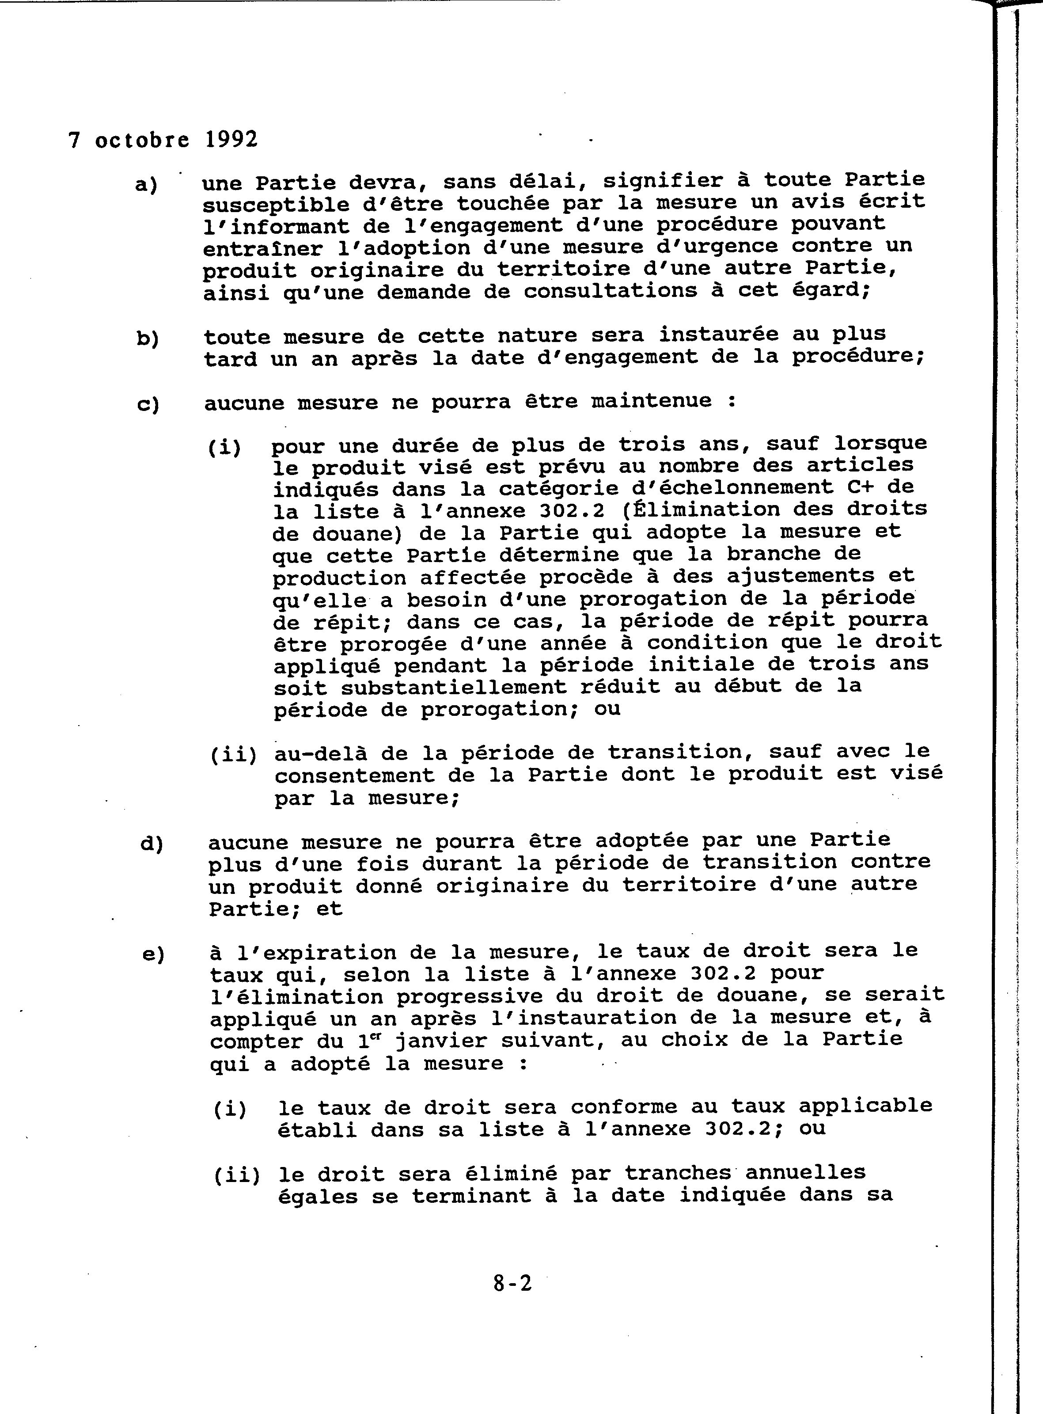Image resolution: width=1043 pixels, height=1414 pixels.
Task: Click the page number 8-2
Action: click(512, 1283)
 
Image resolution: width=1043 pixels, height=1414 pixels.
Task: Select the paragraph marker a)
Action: click(147, 184)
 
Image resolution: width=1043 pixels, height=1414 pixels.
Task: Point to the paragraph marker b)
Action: click(148, 338)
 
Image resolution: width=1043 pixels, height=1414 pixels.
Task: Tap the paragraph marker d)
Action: click(152, 844)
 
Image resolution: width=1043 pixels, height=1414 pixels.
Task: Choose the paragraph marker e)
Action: click(153, 954)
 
